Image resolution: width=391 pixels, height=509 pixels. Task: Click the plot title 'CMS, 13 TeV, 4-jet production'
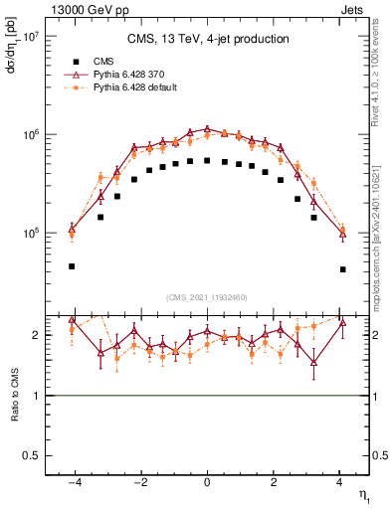(207, 40)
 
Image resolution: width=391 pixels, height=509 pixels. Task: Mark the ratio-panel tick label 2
(33, 335)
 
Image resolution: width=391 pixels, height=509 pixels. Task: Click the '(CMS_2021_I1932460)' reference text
(206, 296)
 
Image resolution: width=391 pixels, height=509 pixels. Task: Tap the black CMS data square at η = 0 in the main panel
(206, 160)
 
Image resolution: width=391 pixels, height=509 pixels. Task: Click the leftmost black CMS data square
(72, 266)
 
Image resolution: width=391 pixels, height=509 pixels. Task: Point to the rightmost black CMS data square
(342, 269)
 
